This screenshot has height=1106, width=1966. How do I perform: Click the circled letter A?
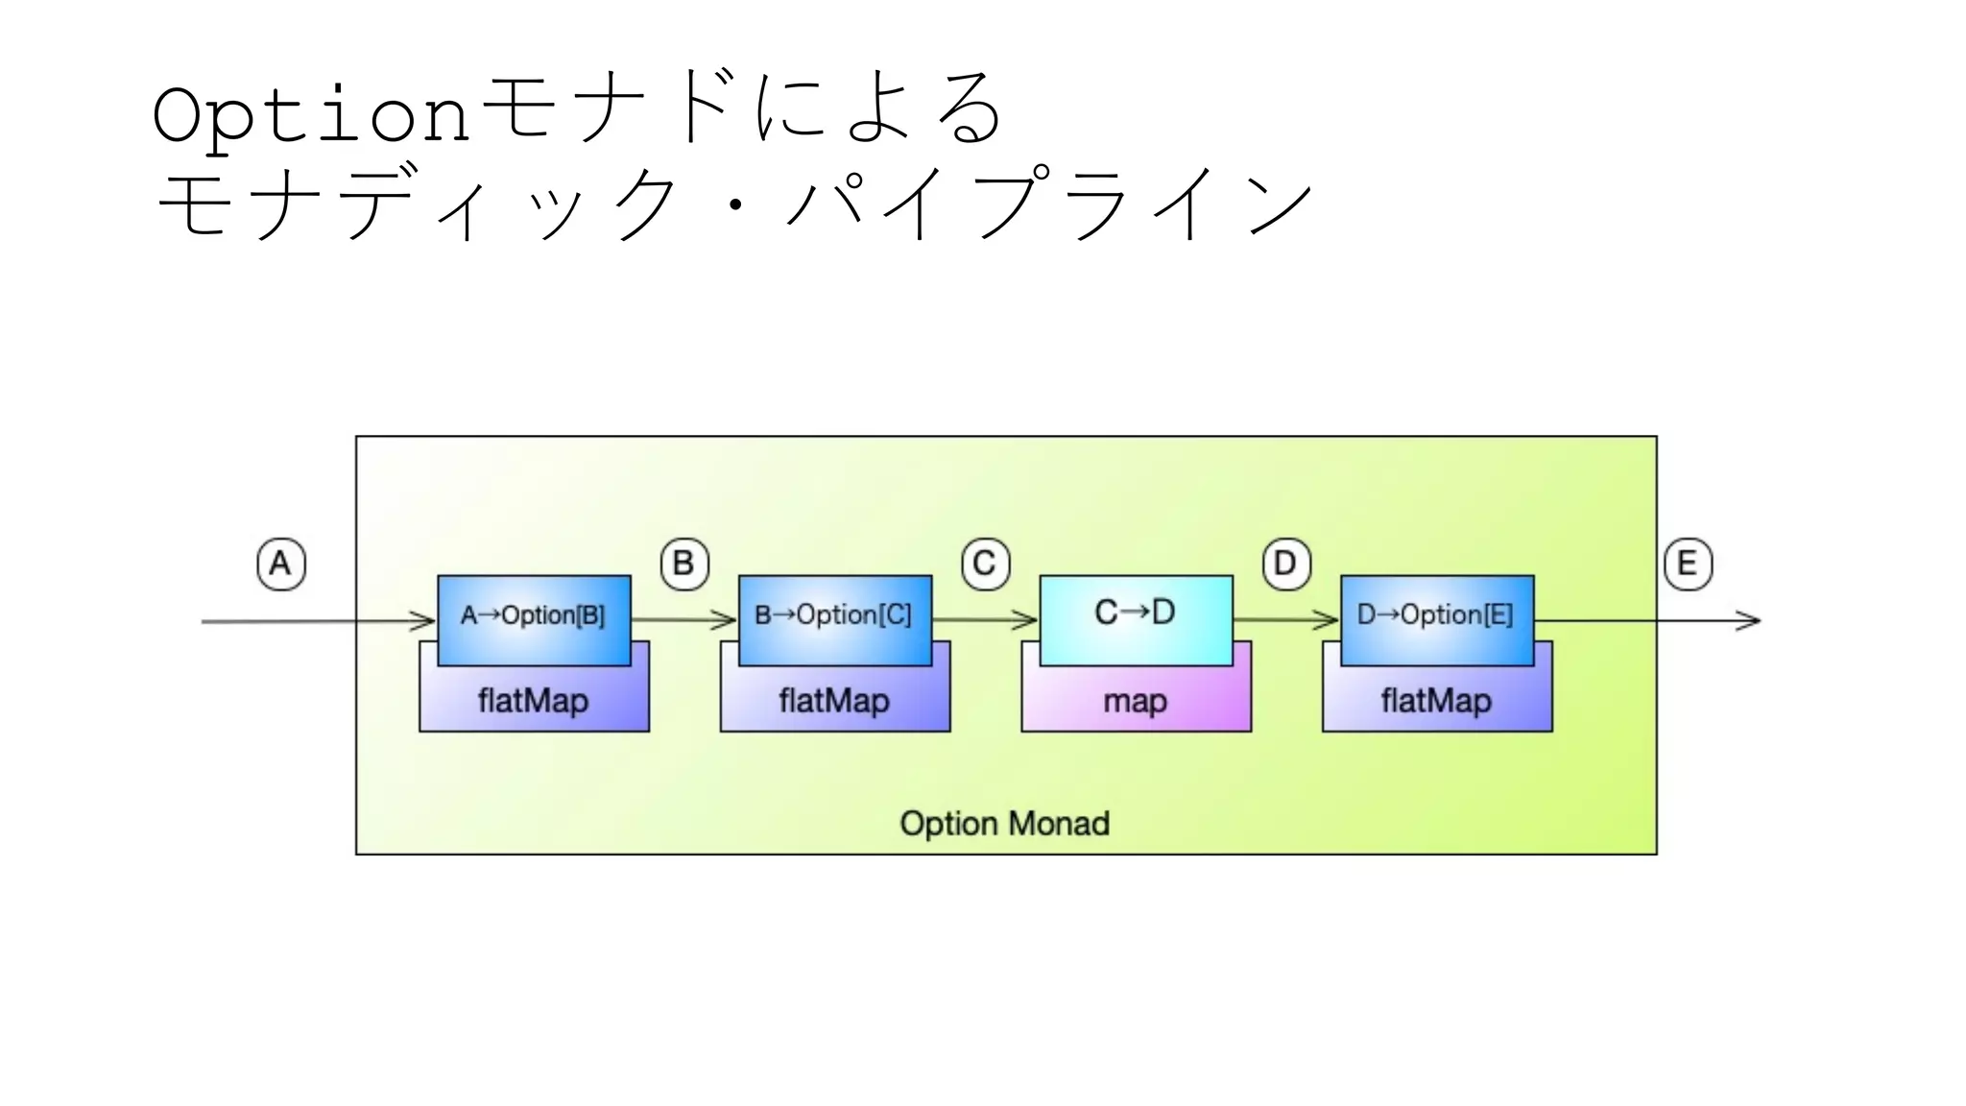coord(281,564)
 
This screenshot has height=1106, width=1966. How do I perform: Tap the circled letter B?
coord(684,564)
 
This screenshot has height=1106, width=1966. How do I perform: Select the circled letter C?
coord(985,564)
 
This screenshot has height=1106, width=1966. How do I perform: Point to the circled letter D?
coord(1286,564)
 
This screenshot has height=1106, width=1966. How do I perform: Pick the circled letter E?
coord(1688,564)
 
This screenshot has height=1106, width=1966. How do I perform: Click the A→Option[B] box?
coord(534,616)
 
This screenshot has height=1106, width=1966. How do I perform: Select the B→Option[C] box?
coord(834,616)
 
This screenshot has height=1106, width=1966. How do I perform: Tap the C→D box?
coord(1136,614)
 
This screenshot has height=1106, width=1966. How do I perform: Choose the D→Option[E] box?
coord(1436,616)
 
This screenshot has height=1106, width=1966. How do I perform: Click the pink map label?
coord(1136,702)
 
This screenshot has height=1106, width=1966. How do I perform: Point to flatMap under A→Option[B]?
coord(534,702)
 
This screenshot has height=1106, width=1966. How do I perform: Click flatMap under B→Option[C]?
coord(834,702)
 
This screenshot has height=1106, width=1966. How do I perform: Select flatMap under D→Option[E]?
coord(1436,702)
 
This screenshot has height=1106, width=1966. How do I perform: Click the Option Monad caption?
coord(1004,824)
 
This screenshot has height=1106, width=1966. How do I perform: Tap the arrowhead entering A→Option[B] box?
coord(425,621)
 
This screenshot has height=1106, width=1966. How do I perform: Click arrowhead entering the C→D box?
coord(1027,621)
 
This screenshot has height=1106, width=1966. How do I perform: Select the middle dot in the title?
coord(735,204)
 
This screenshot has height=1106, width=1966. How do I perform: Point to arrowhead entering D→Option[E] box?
coord(1329,621)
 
